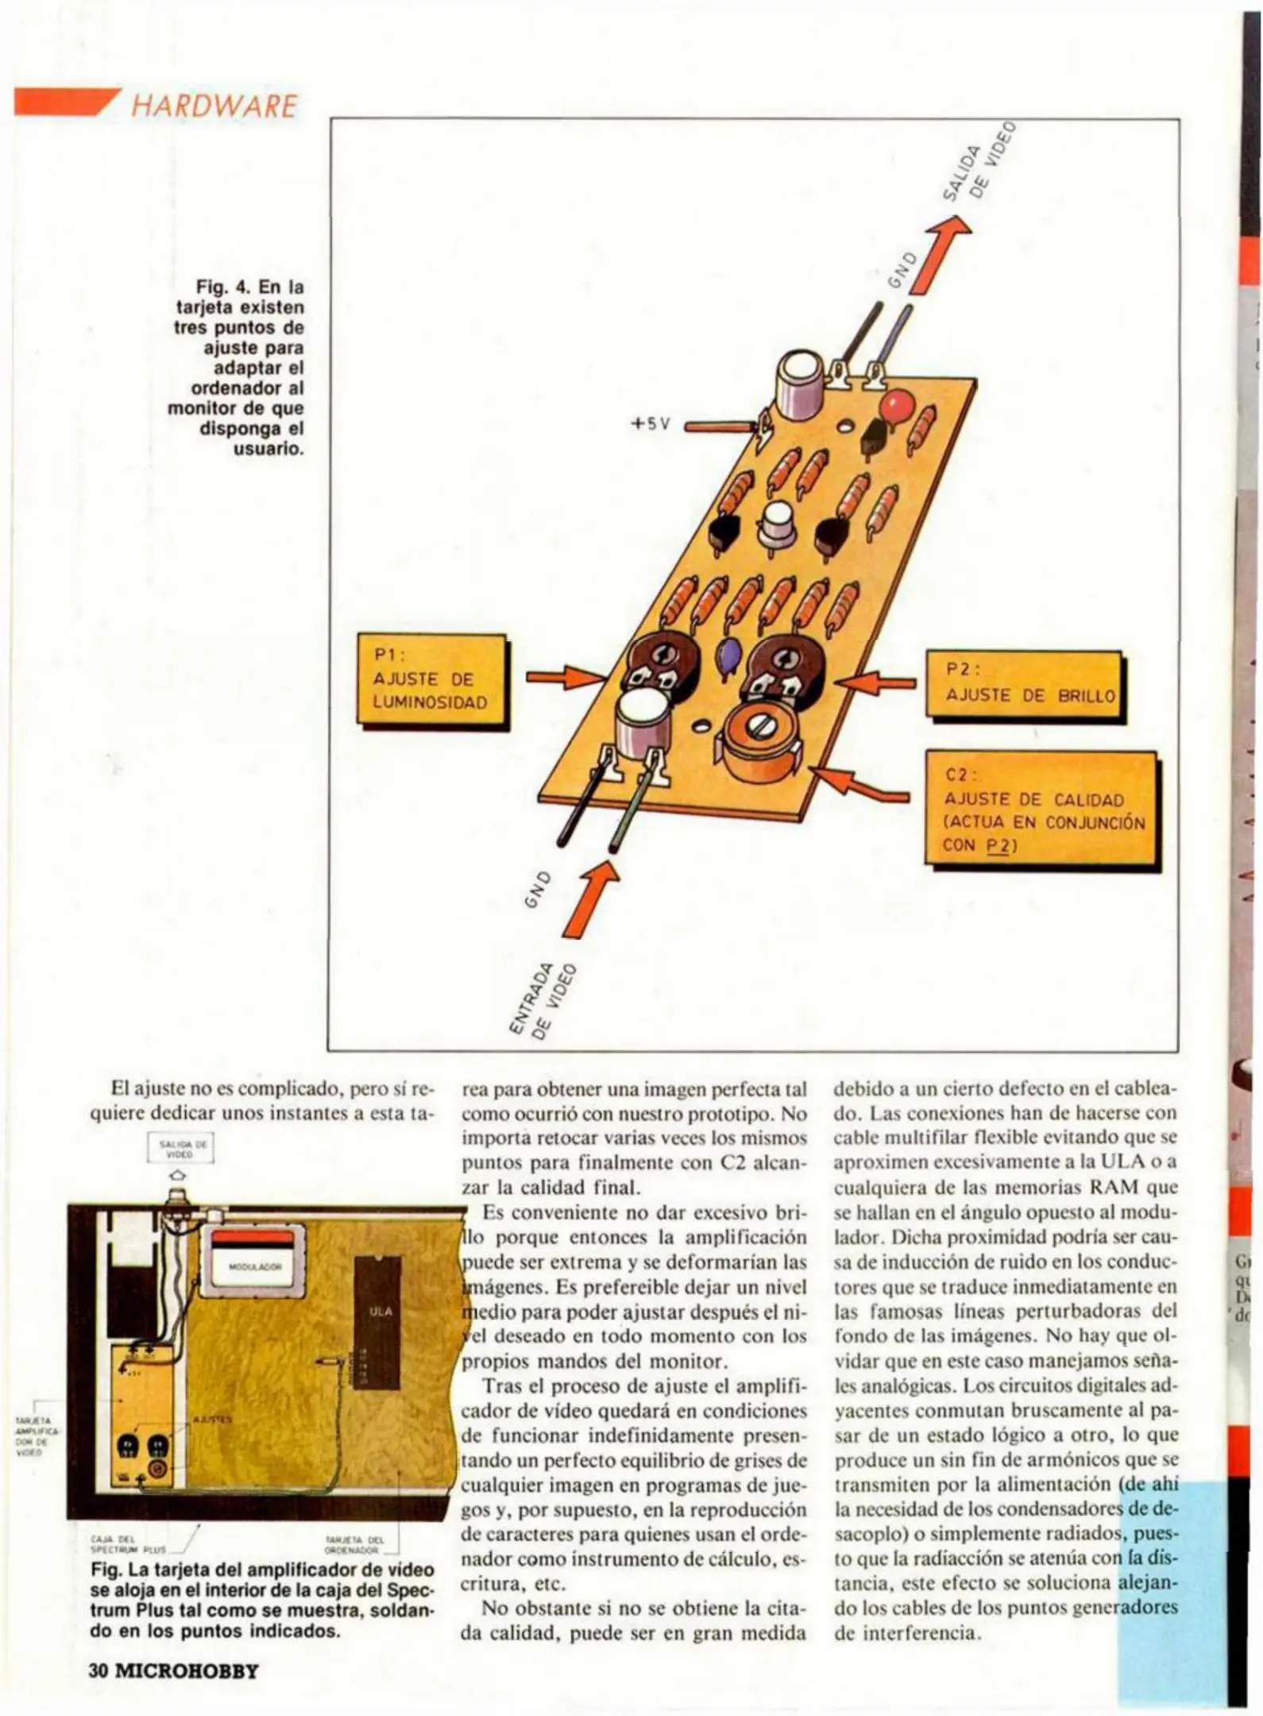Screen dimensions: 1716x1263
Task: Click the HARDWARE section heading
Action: tap(213, 106)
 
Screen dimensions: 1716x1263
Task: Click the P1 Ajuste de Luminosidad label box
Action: tap(431, 681)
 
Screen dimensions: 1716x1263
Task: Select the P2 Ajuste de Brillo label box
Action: tap(1025, 685)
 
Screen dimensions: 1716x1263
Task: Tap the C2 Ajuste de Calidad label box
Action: tap(1042, 810)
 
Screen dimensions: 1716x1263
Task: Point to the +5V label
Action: tap(651, 423)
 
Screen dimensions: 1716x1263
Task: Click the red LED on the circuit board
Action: tap(895, 406)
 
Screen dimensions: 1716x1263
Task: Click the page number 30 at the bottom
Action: tap(98, 1670)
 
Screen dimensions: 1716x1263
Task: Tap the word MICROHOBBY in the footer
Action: tap(187, 1670)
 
